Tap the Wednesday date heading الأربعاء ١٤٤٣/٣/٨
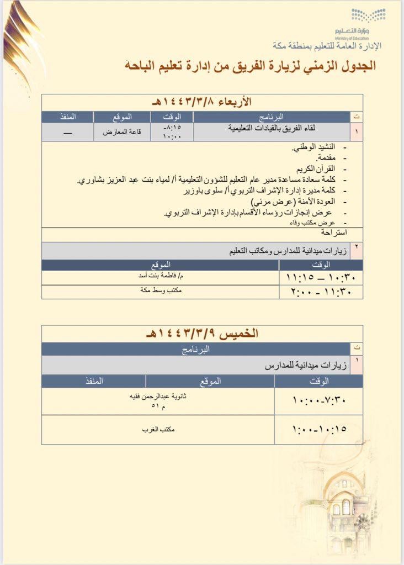point(202,102)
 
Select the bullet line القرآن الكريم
point(316,168)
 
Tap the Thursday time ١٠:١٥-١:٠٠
point(318,429)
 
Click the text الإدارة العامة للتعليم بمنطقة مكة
point(328,46)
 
